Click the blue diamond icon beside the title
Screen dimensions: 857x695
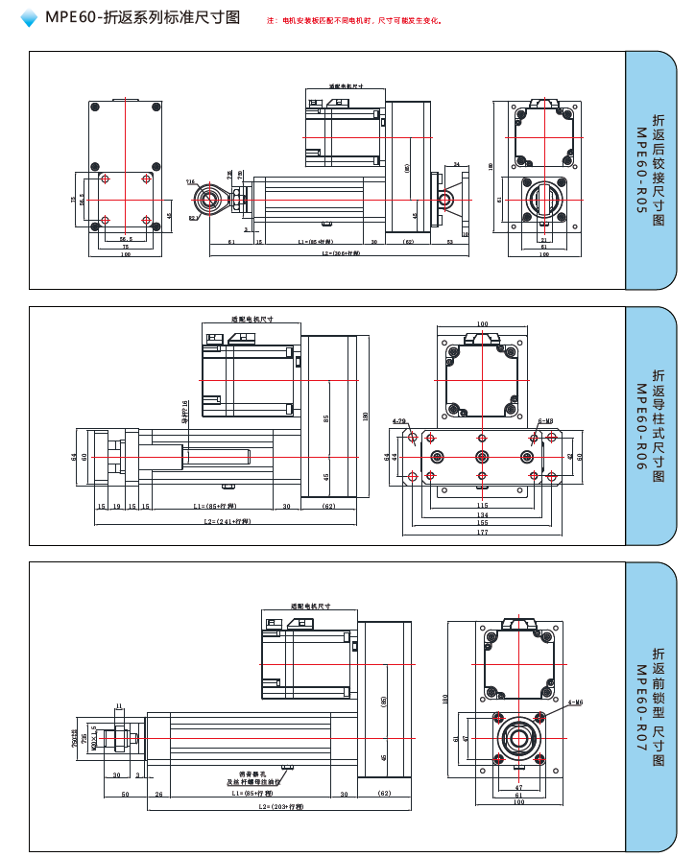coord(29,18)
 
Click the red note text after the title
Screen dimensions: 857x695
coord(355,20)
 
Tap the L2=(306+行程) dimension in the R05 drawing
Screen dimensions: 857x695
coord(341,254)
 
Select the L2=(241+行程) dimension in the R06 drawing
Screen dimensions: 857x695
coord(228,521)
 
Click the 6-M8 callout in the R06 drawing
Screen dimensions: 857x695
coord(544,420)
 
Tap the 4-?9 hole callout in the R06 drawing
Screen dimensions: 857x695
coord(398,420)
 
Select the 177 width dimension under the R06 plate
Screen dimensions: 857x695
coord(482,532)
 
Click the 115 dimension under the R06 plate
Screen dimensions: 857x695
coord(482,505)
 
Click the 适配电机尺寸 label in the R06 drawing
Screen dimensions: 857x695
coord(252,320)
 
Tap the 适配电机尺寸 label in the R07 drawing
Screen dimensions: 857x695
coord(311,607)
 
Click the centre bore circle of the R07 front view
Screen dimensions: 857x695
coord(518,739)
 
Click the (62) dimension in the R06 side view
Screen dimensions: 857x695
coord(328,505)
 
